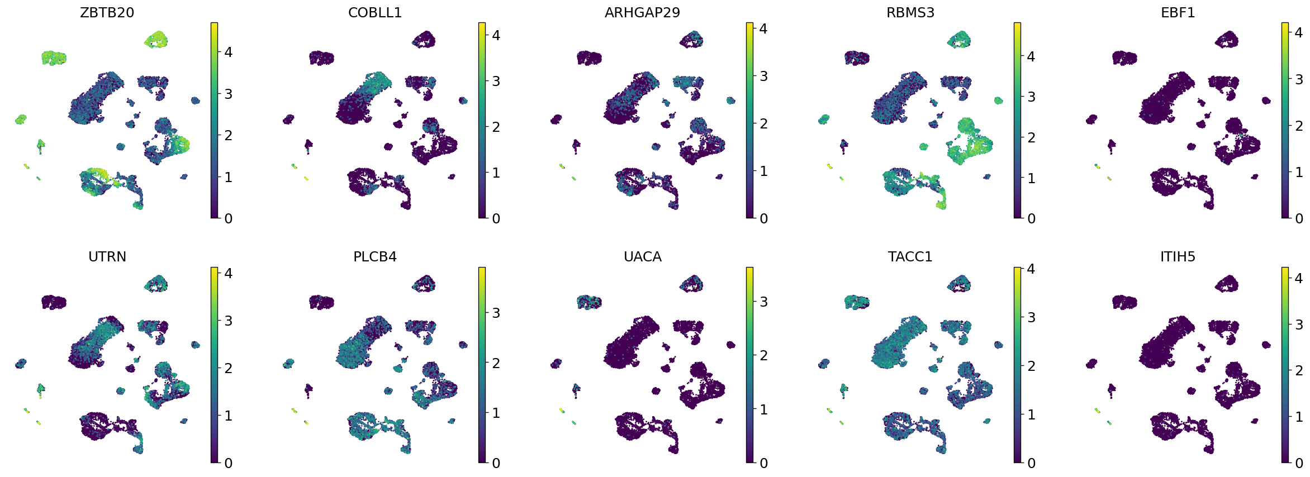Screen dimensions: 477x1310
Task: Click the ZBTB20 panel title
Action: [107, 13]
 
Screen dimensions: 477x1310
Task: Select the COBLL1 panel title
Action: [374, 13]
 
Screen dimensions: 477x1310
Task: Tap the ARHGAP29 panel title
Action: [642, 13]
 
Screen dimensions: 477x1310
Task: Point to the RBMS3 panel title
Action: [910, 13]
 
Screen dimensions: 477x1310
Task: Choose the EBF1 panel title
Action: [1178, 13]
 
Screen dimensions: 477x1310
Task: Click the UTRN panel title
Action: [107, 257]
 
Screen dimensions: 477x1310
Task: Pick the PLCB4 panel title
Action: [374, 257]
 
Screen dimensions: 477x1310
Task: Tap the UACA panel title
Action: [642, 257]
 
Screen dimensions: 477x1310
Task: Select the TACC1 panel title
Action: [910, 257]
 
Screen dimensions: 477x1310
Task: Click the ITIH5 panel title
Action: [1178, 257]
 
